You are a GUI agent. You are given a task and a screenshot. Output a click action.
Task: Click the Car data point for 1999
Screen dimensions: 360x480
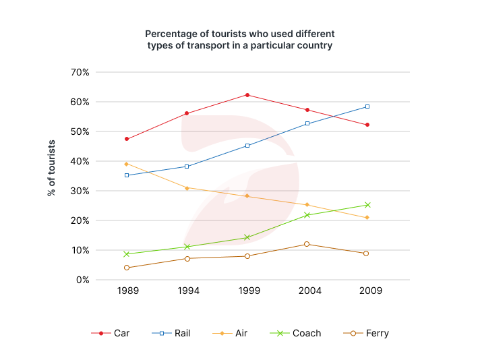pos(247,95)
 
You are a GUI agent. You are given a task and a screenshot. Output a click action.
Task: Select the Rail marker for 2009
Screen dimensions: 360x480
pos(367,107)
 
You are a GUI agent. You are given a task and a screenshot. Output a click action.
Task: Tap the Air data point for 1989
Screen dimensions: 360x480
pos(127,164)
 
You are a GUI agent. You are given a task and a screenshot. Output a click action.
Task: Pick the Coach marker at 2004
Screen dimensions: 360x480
pos(307,215)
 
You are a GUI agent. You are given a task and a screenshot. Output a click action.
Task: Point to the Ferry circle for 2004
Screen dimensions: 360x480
pos(307,244)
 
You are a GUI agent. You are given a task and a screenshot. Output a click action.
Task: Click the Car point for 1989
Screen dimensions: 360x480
pos(127,139)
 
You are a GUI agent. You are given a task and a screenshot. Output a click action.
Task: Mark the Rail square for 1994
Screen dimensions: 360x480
pos(187,167)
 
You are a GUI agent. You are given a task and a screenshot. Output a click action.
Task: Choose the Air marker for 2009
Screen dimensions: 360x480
pos(367,218)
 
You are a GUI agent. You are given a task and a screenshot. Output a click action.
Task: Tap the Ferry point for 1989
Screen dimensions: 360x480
pos(127,268)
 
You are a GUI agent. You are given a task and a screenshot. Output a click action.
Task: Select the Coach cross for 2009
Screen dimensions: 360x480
pos(367,205)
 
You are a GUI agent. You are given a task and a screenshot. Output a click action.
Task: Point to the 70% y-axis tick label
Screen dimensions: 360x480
pos(86,72)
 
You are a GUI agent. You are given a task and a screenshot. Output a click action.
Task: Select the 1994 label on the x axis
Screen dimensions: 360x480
pos(187,291)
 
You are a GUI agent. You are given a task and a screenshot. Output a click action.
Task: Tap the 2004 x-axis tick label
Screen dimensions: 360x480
pos(307,291)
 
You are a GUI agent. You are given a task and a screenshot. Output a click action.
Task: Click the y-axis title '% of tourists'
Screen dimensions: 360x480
pos(52,168)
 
